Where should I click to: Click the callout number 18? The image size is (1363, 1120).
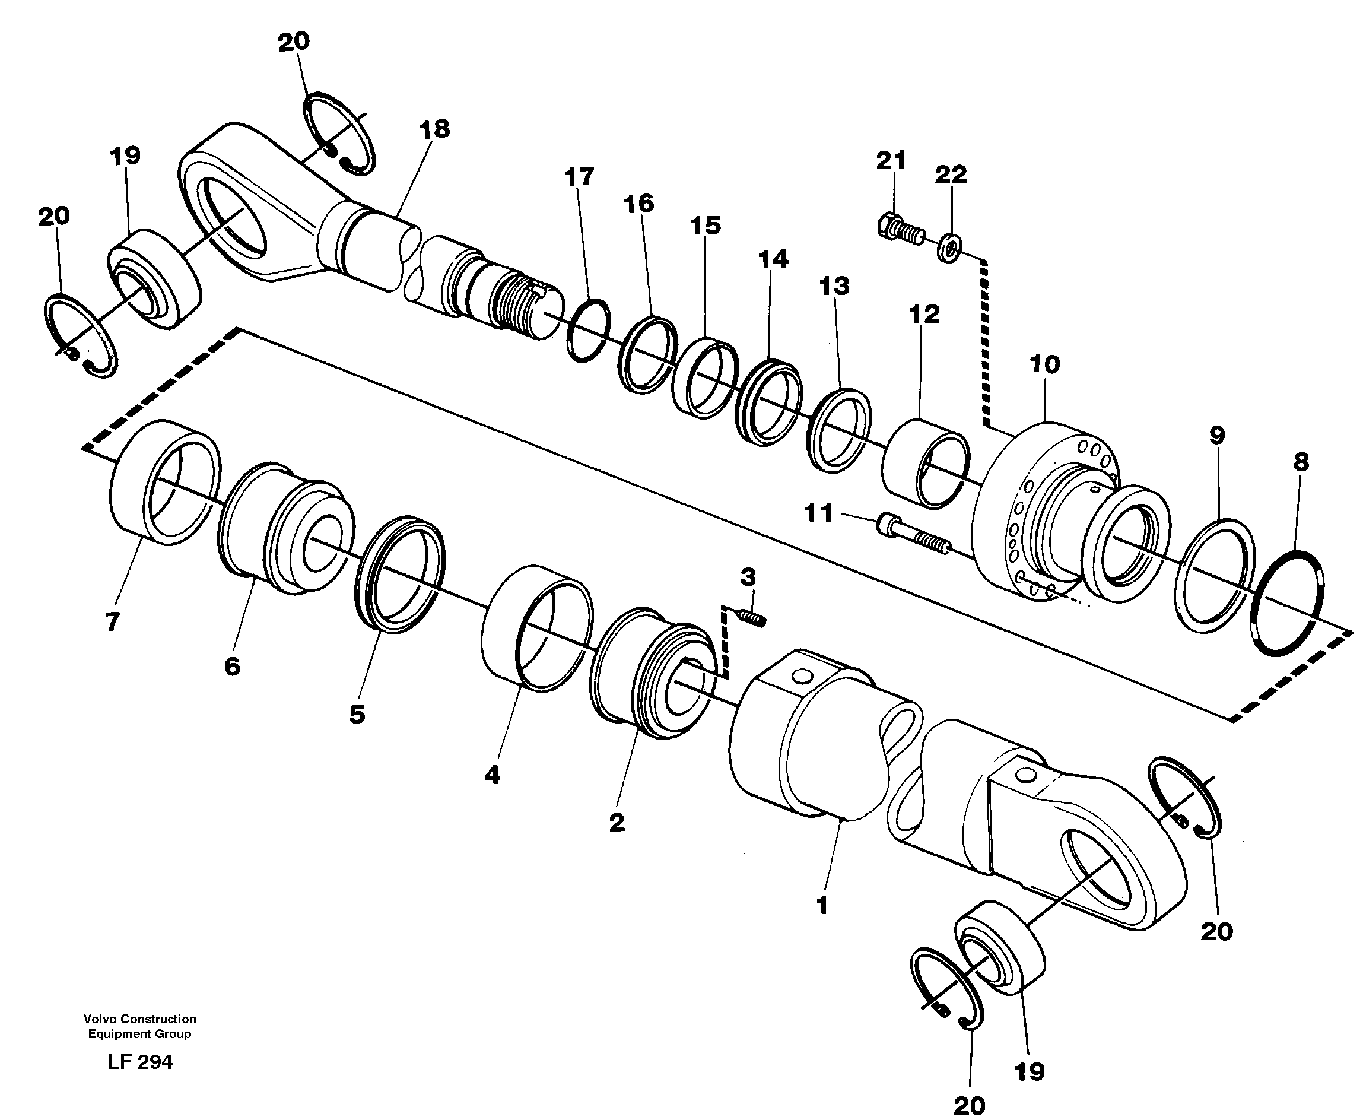pyautogui.click(x=434, y=129)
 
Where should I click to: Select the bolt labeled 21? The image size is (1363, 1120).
pyautogui.click(x=901, y=230)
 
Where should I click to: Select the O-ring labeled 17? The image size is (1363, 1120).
pyautogui.click(x=588, y=331)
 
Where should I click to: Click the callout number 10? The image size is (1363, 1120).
pyautogui.click(x=1044, y=365)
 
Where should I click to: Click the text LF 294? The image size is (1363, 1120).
pyautogui.click(x=140, y=1062)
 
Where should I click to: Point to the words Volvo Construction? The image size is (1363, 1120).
pyautogui.click(x=139, y=1019)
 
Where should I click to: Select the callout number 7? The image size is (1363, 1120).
pyautogui.click(x=112, y=622)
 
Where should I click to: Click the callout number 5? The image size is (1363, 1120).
pyautogui.click(x=357, y=714)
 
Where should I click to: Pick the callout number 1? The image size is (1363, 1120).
pyautogui.click(x=822, y=906)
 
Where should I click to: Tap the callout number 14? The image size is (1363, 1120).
pyautogui.click(x=773, y=259)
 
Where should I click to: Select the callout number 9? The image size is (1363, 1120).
pyautogui.click(x=1216, y=436)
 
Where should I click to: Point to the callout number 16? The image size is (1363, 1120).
pyautogui.click(x=638, y=204)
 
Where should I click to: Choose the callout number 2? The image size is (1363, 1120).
pyautogui.click(x=617, y=823)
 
